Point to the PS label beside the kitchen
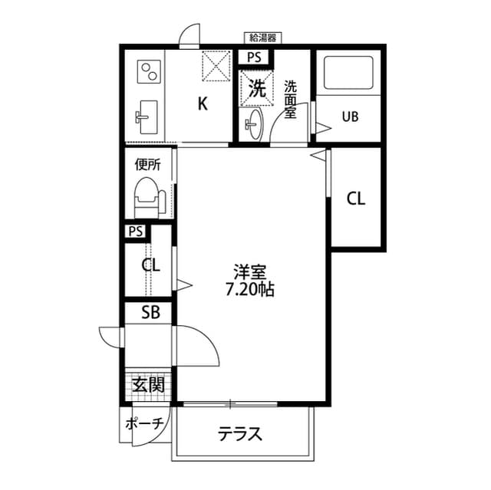point(254,57)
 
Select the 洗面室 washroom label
point(291,100)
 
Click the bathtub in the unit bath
point(348,74)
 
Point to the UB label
point(350,117)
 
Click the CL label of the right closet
point(356,199)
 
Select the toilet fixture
point(147,198)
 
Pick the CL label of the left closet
point(151,266)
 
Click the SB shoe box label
point(150,312)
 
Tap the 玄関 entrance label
point(148,384)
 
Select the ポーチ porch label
point(143,423)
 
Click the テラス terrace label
point(240,434)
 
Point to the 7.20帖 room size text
point(250,291)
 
